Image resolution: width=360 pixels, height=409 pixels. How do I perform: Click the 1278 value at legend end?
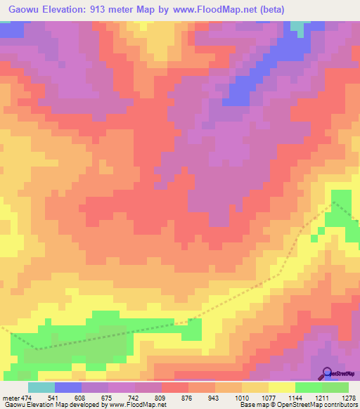coord(347,398)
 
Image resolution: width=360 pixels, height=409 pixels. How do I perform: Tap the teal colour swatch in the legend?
coord(41,388)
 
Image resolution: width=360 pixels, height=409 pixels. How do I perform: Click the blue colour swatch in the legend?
coord(68,388)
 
